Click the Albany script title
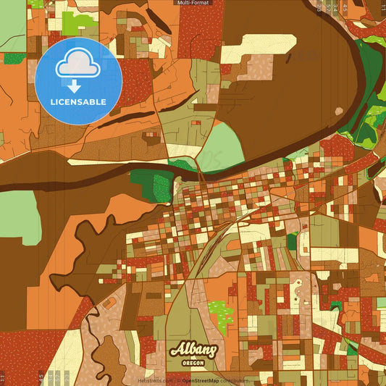(x=193, y=351)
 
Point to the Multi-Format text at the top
(x=193, y=3)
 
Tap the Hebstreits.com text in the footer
(x=154, y=380)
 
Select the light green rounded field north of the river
(x=222, y=145)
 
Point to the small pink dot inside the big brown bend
(x=339, y=110)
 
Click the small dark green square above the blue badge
(x=14, y=58)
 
